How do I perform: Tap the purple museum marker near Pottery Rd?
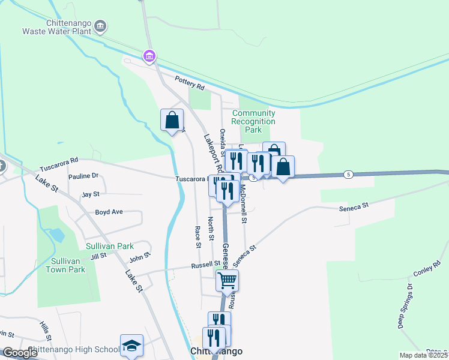pyautogui.click(x=149, y=56)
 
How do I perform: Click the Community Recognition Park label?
pyautogui.click(x=254, y=121)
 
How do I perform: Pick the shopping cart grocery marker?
pyautogui.click(x=227, y=280)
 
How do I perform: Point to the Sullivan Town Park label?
pyautogui.click(x=65, y=265)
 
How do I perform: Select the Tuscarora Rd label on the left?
pyautogui.click(x=59, y=161)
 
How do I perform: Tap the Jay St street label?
pyautogui.click(x=90, y=194)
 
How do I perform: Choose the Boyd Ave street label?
pyautogui.click(x=109, y=212)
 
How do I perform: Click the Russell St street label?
pyautogui.click(x=206, y=265)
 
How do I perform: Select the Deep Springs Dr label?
pyautogui.click(x=406, y=307)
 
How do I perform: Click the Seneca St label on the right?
pyautogui.click(x=353, y=206)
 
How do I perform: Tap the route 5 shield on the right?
pyautogui.click(x=348, y=174)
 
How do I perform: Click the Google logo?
pyautogui.click(x=20, y=353)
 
